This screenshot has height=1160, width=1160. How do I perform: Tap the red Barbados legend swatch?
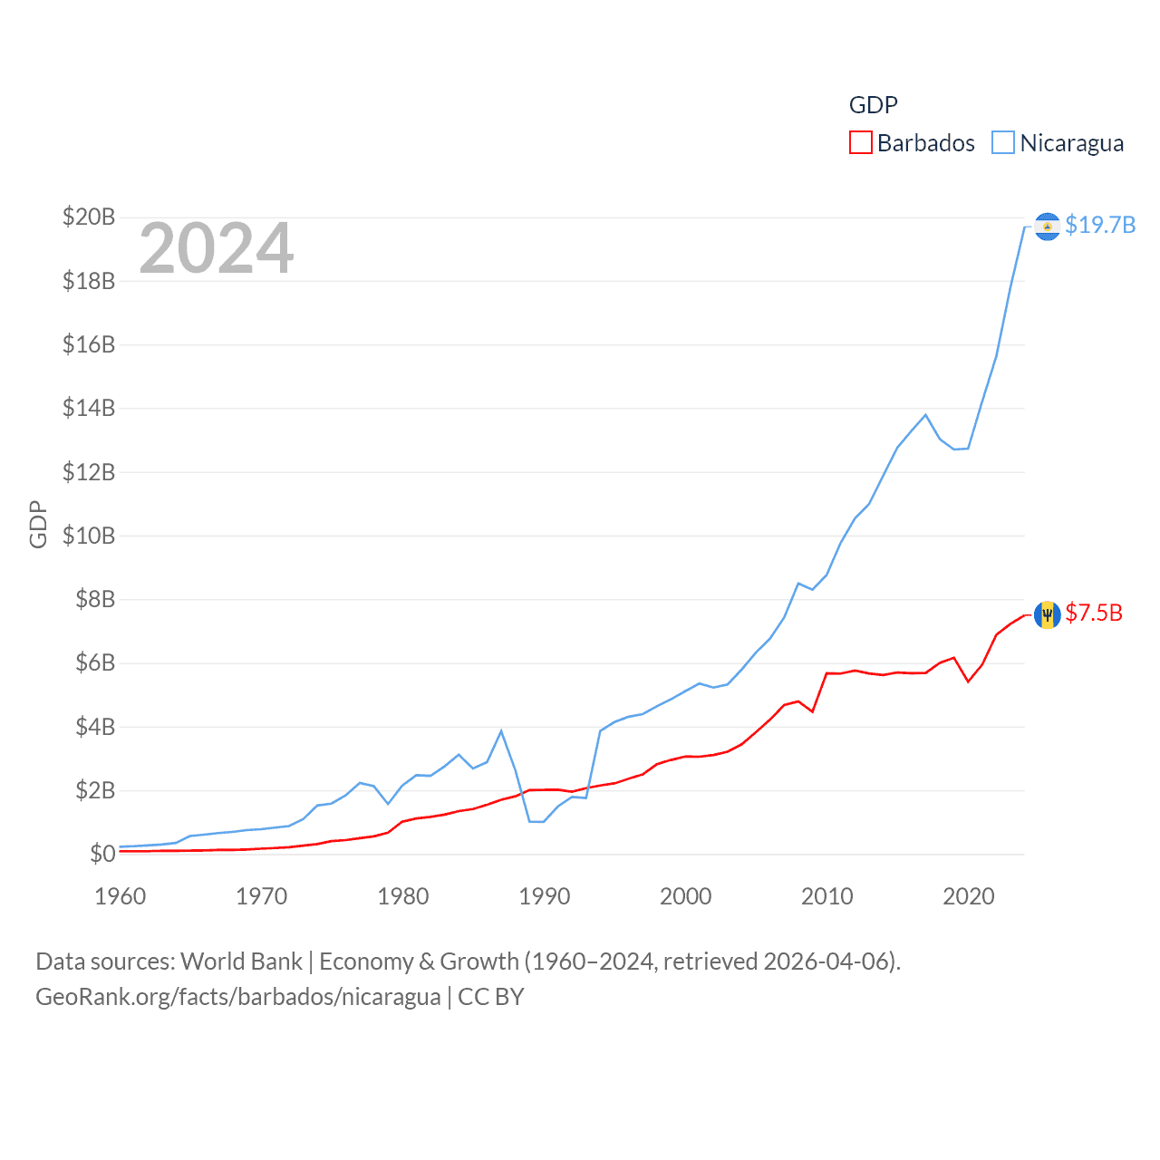[860, 143]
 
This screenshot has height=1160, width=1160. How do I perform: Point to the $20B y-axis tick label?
[89, 217]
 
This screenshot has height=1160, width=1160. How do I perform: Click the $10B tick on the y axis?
[89, 536]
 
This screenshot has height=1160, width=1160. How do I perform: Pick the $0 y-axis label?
[102, 854]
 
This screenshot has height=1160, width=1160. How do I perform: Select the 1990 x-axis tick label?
[545, 896]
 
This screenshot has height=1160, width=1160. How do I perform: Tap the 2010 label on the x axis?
[827, 896]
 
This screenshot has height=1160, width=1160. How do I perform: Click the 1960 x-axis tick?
[121, 896]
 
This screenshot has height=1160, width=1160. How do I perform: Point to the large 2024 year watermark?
[217, 247]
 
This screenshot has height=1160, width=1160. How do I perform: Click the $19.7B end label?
[1100, 225]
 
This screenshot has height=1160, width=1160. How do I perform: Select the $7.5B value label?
[1094, 614]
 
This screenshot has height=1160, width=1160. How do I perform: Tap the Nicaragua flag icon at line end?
[1047, 226]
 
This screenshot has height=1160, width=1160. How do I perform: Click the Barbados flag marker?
[1047, 614]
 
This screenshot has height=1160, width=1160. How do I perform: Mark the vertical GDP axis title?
[38, 524]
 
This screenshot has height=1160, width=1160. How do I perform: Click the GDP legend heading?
[874, 105]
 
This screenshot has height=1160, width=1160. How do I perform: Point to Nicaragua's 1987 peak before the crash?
[501, 730]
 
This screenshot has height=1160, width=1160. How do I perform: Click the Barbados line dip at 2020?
[968, 681]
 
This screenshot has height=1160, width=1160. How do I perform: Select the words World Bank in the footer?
[242, 961]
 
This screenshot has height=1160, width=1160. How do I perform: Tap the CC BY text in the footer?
[491, 997]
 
